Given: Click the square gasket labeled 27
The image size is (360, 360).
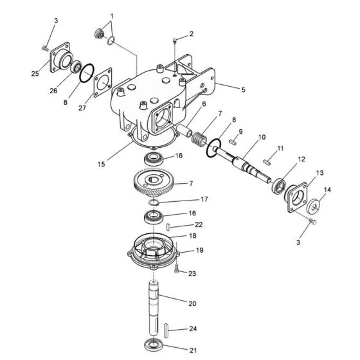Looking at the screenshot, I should (x=100, y=84).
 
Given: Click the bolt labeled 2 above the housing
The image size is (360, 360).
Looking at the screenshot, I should (x=176, y=42).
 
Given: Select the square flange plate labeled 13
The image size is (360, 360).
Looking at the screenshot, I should (x=297, y=197).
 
